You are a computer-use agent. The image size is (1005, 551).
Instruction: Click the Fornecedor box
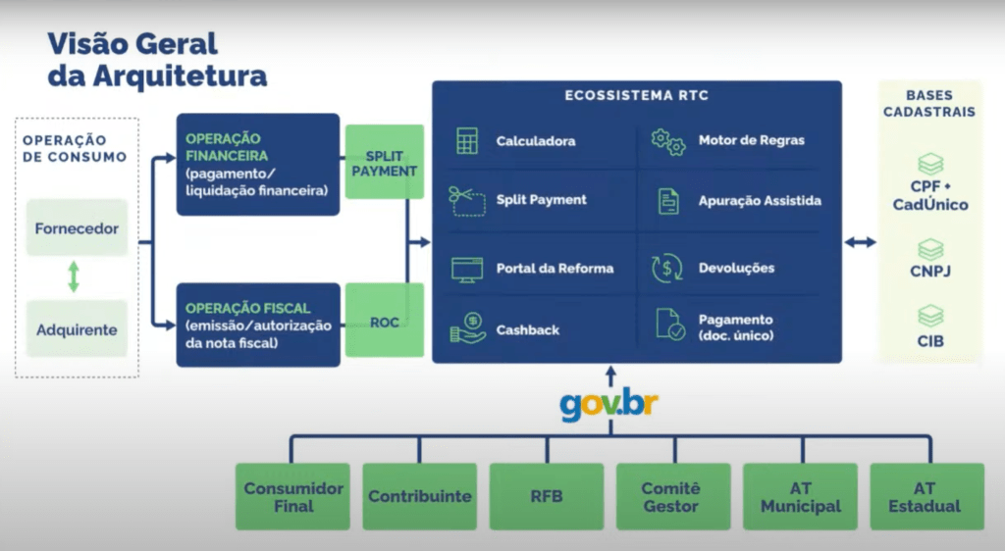(x=77, y=227)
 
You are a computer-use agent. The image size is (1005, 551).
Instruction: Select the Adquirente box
(x=77, y=329)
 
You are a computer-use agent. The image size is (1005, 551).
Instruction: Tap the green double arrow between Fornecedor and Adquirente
(x=74, y=276)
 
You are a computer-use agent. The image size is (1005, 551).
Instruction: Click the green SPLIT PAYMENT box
(x=385, y=162)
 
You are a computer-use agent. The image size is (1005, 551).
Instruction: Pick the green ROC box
(x=385, y=320)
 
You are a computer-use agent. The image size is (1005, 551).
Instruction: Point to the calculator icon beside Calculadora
(x=467, y=141)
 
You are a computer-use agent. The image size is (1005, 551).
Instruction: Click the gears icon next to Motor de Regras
(x=668, y=142)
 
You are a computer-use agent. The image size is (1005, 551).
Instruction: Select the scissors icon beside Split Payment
(x=467, y=201)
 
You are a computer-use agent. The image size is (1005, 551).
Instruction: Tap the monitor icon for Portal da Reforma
(x=467, y=270)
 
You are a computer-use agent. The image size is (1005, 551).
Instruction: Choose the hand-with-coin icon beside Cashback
(x=468, y=328)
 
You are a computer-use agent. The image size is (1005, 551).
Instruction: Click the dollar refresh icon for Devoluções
(x=667, y=269)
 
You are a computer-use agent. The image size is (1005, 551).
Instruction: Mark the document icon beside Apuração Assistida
(x=668, y=201)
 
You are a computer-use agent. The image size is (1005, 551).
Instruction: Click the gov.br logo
(x=608, y=405)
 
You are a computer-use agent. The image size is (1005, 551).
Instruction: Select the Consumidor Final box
(x=292, y=497)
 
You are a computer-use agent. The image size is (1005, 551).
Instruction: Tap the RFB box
(x=547, y=497)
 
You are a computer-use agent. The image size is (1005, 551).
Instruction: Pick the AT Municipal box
(x=801, y=497)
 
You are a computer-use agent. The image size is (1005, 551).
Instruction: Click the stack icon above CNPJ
(x=930, y=249)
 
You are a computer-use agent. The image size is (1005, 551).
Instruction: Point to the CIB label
(x=930, y=341)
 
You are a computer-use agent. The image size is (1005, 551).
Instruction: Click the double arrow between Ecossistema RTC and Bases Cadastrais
(x=860, y=242)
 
